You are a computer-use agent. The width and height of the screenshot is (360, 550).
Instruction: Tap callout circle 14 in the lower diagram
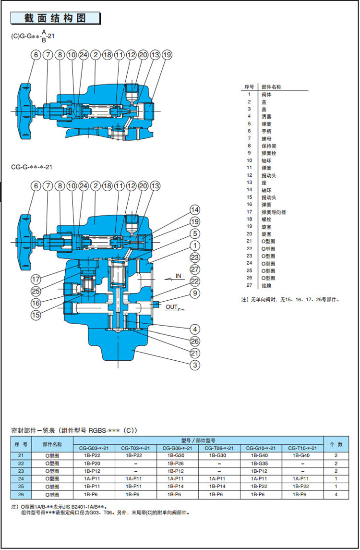(x=194, y=210)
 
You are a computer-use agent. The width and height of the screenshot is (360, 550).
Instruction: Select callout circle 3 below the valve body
(x=194, y=366)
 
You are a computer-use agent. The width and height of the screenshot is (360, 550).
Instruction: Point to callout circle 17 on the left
(x=36, y=279)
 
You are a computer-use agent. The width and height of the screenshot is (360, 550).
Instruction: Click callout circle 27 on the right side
(x=194, y=269)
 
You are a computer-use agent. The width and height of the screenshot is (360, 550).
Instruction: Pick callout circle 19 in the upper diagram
(x=167, y=55)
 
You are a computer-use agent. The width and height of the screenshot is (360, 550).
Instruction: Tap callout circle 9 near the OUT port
(x=194, y=293)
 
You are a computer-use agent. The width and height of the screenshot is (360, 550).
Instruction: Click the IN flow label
(x=179, y=276)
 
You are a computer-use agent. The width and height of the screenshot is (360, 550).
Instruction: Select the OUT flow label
(x=172, y=306)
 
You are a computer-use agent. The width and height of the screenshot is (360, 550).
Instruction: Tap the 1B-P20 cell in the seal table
(x=92, y=464)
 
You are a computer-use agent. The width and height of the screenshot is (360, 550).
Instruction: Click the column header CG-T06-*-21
(x=219, y=448)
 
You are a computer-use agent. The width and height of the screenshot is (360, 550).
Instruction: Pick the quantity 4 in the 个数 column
(x=336, y=494)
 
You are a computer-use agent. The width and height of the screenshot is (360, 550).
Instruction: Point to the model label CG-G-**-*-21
(x=31, y=167)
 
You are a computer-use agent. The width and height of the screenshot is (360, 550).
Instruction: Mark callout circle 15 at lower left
(x=36, y=315)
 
